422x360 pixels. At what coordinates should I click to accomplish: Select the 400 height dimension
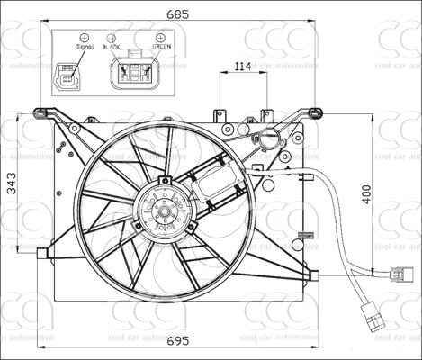click(366, 193)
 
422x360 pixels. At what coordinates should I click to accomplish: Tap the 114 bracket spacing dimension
click(241, 66)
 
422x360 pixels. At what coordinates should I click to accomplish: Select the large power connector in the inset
click(134, 73)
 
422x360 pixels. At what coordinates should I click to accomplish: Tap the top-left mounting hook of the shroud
click(40, 112)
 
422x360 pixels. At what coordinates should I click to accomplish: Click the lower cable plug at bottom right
click(369, 316)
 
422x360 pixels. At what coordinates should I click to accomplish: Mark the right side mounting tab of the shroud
click(311, 272)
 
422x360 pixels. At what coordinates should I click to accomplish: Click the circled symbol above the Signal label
click(84, 39)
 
